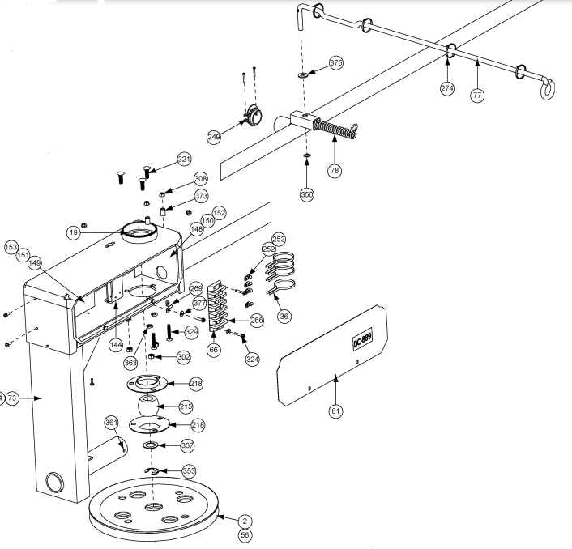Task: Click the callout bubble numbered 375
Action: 336,63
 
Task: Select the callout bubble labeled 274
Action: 447,87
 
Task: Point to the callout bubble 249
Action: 214,138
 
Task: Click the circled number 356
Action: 307,194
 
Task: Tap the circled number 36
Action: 284,317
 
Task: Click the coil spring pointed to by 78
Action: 333,130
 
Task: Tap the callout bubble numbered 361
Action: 111,423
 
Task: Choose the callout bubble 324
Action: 253,357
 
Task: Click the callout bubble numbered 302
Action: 184,356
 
